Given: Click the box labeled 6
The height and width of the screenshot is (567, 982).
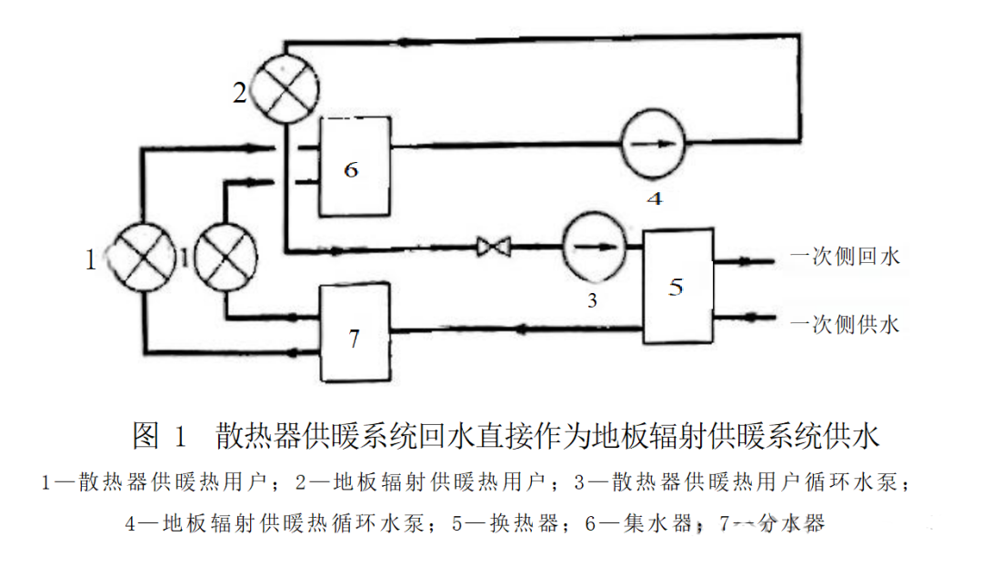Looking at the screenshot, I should coord(354,170).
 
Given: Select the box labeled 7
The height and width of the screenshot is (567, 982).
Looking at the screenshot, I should coord(354,333).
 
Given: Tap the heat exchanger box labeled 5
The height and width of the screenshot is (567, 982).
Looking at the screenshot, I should coord(675,287).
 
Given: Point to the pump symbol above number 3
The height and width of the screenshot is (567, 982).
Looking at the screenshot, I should coord(594,246).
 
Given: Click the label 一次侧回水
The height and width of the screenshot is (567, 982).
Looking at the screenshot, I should coord(845,257).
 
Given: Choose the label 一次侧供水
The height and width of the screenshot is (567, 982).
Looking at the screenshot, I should coord(845,323).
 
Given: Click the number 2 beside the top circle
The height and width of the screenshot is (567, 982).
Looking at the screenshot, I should coord(240,93).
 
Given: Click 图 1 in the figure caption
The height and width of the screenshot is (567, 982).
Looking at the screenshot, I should coord(160,436).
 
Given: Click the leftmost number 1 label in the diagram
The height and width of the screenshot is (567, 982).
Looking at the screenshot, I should coord(91,261).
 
